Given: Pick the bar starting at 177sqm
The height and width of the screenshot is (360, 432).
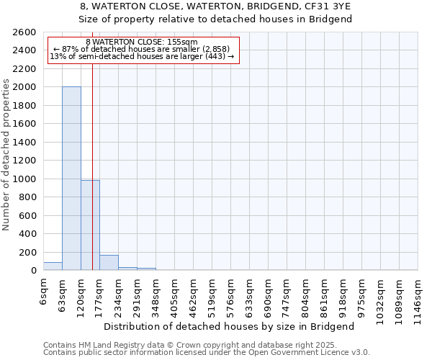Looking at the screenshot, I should (x=109, y=263).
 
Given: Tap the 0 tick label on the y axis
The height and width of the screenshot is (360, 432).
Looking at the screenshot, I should (x=35, y=271).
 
